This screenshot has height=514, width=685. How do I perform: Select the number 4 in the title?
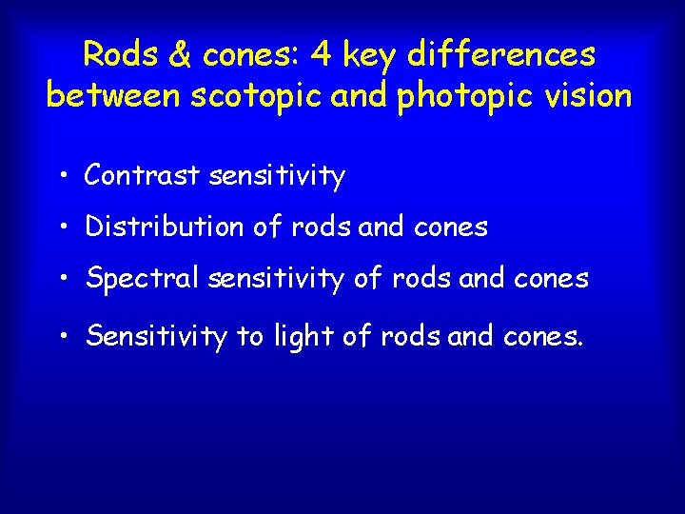click(x=323, y=54)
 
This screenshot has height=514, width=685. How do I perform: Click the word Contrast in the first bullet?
click(x=142, y=175)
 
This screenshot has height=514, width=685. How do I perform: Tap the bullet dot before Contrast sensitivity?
click(x=61, y=176)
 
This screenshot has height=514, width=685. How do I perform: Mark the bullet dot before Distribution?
click(x=61, y=227)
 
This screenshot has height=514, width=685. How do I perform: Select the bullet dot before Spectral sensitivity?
click(x=61, y=279)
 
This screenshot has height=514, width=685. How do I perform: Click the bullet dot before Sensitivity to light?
click(x=61, y=336)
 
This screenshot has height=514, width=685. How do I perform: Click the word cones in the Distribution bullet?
click(x=451, y=227)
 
